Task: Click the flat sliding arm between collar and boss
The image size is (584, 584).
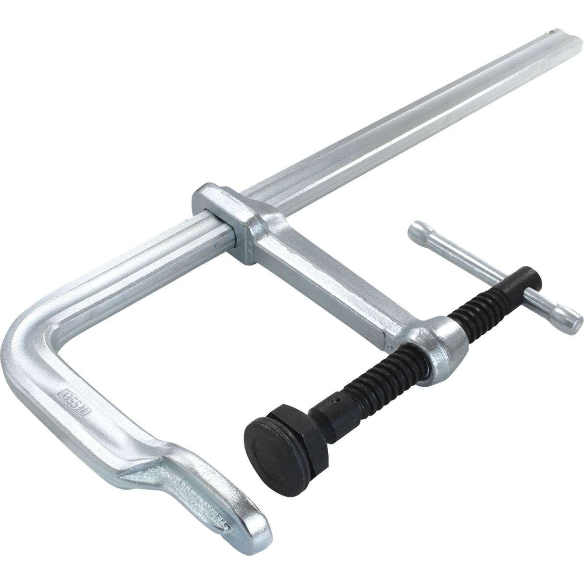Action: click(x=327, y=269)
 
